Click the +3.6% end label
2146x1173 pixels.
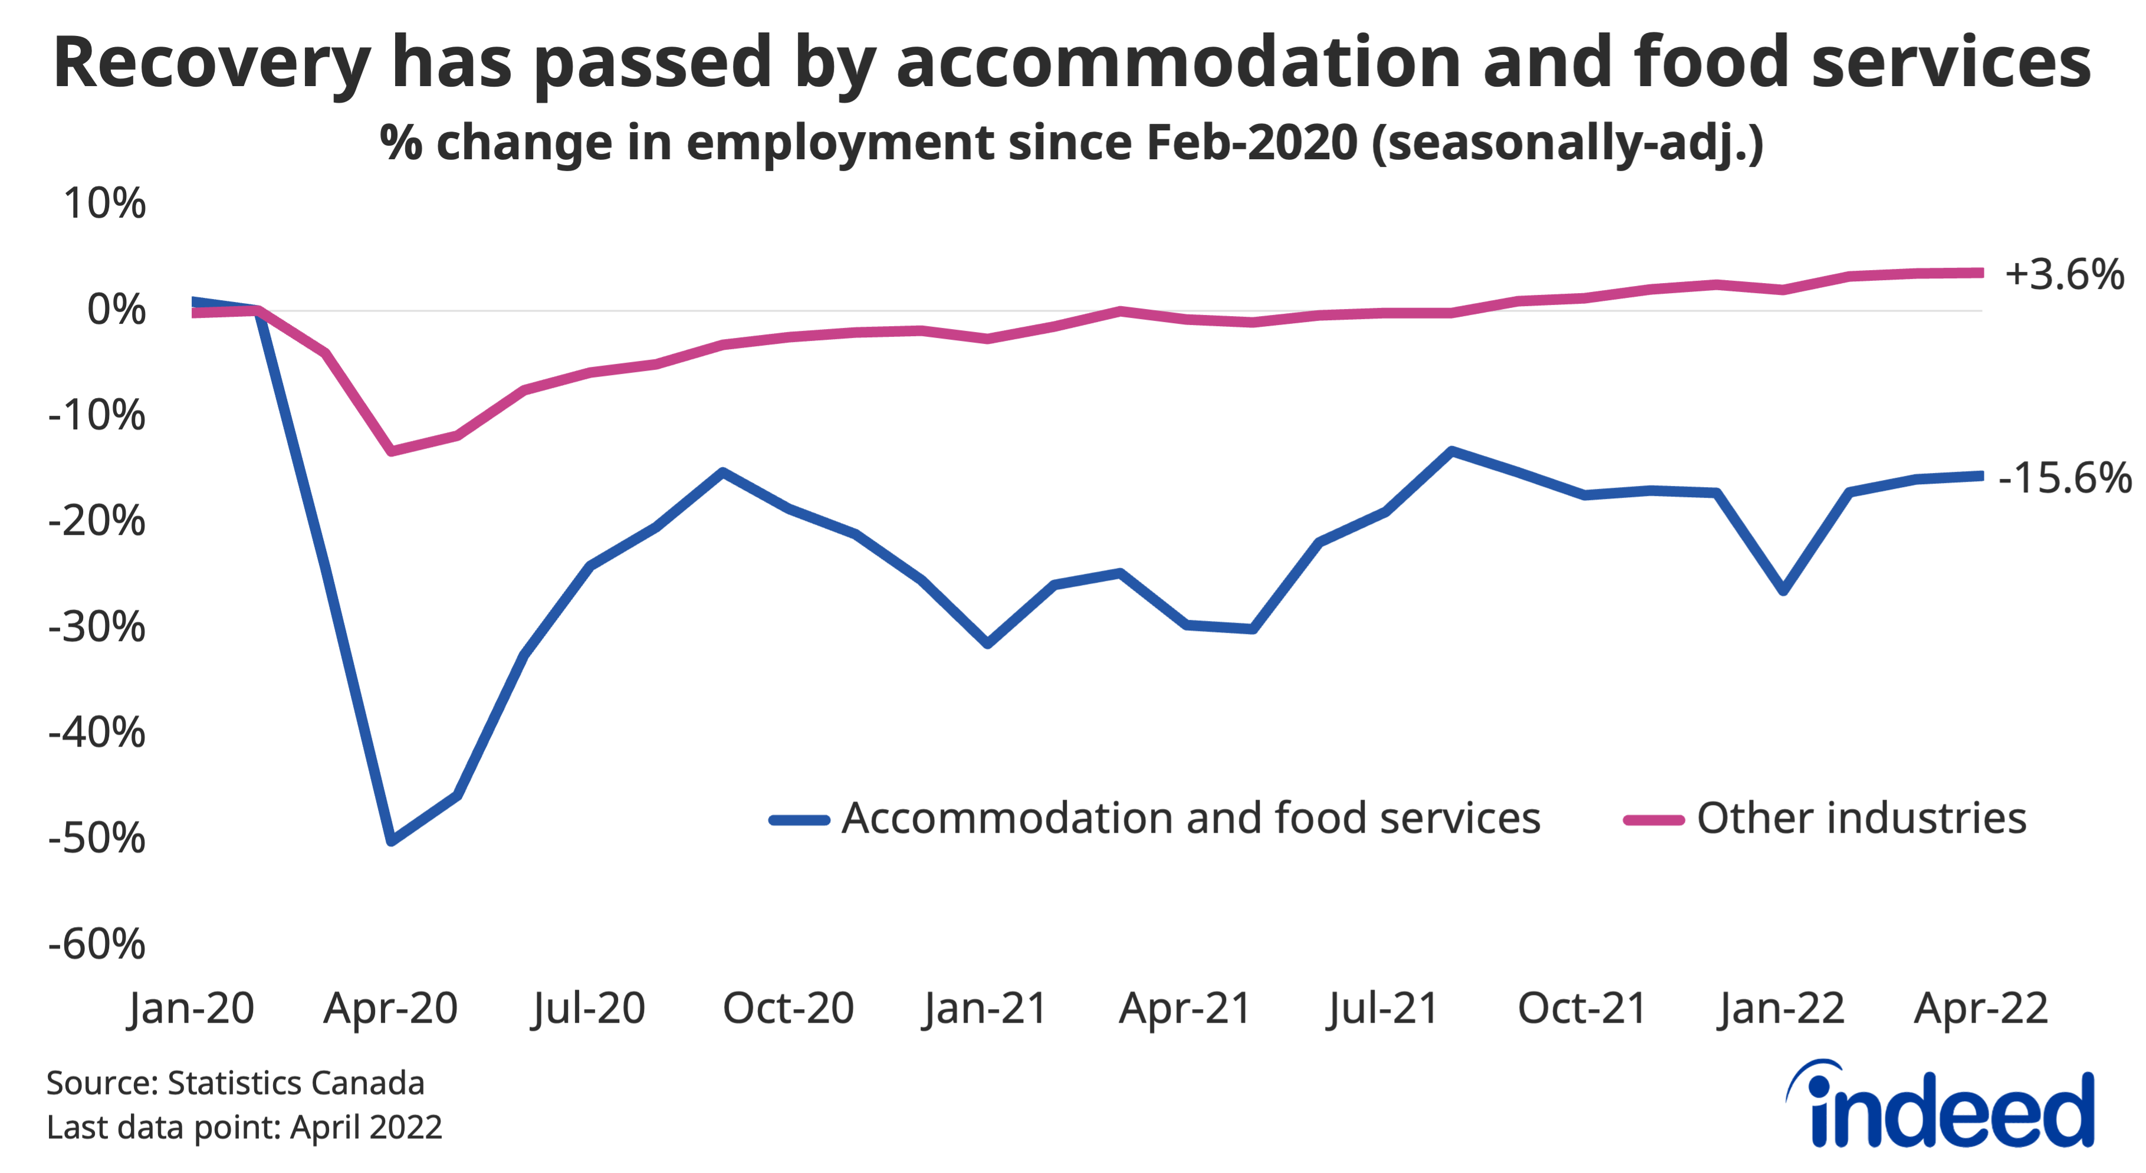2065,274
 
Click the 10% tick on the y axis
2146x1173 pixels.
104,203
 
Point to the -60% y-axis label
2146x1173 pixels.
97,944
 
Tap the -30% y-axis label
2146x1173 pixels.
97,626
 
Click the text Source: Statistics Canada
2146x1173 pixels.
235,1083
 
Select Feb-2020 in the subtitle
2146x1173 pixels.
1251,143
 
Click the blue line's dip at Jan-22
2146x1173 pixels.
1783,592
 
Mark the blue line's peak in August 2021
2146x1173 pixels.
1451,451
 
